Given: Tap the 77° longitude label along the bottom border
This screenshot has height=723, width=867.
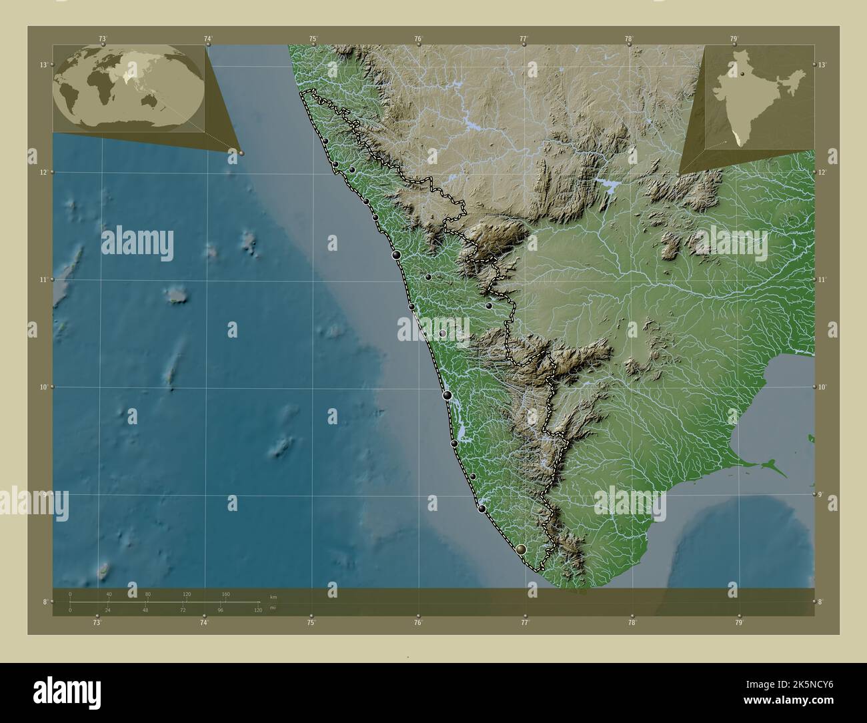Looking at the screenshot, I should [525, 623].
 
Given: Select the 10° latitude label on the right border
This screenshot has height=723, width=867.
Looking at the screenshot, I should [822, 387].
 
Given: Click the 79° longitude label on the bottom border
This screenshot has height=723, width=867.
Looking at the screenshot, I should [738, 623].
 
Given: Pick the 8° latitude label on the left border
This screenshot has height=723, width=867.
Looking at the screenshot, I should [44, 602].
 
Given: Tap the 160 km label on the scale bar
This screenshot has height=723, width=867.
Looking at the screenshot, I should [225, 594].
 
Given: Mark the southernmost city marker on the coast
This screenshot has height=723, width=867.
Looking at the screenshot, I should [522, 549].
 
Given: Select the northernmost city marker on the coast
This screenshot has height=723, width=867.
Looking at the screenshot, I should [325, 141].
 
